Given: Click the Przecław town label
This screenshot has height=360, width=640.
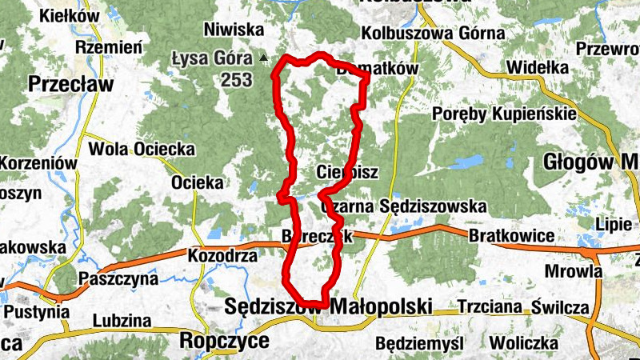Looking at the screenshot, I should (x=70, y=84).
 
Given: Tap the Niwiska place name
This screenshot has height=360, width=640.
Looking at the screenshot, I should (x=234, y=30).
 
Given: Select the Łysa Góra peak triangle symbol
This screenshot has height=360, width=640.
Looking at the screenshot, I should (x=263, y=58).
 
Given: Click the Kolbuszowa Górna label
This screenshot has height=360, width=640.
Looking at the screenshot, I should (x=433, y=33).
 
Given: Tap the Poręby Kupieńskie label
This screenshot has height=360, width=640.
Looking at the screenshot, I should (x=504, y=114).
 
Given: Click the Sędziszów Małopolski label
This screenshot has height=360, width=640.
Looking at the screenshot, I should (x=329, y=306).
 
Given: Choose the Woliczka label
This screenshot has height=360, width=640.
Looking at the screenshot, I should (x=524, y=343).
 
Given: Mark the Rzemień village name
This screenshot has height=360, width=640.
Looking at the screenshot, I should (x=109, y=47).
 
